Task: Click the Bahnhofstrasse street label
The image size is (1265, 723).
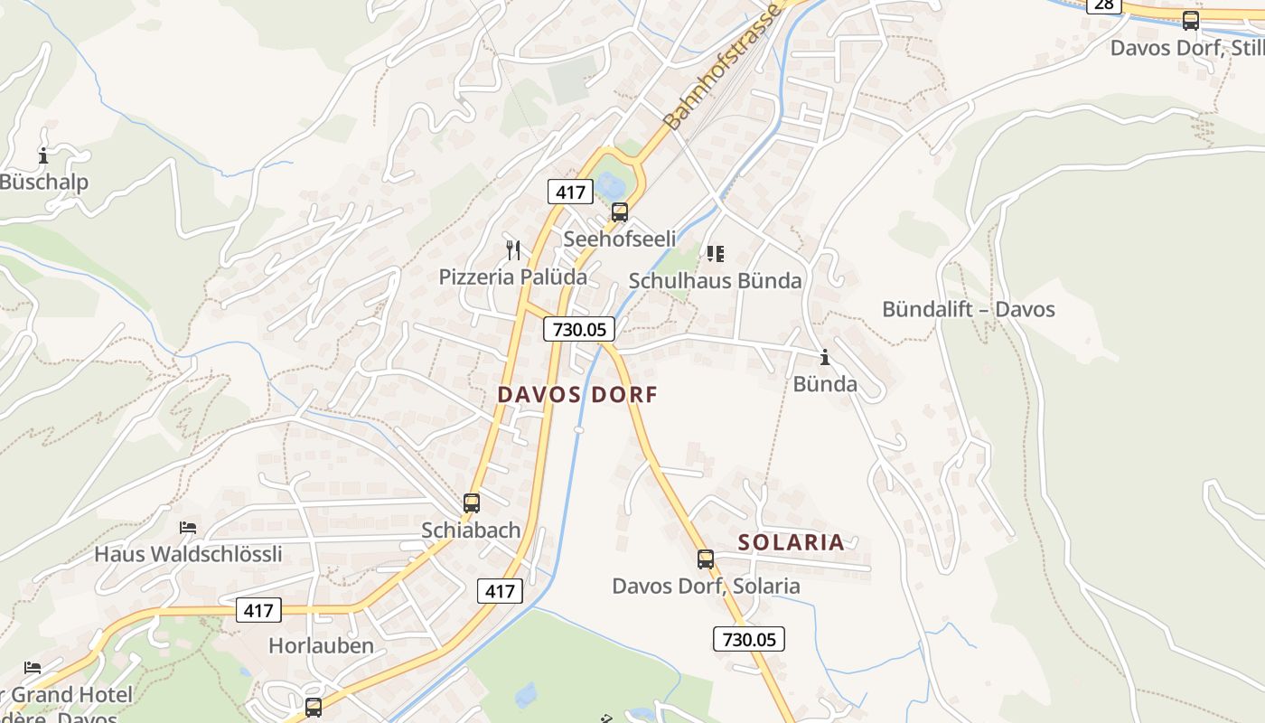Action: click(x=720, y=66)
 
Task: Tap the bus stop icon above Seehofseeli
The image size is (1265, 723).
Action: click(x=619, y=212)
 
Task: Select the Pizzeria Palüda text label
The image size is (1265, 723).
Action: click(x=512, y=277)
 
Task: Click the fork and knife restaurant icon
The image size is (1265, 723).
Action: click(x=513, y=249)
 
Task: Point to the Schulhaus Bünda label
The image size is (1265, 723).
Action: click(x=715, y=281)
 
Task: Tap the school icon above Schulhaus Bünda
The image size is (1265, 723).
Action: click(x=715, y=254)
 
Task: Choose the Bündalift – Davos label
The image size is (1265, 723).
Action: click(x=968, y=309)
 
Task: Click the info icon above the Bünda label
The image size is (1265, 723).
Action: click(x=824, y=357)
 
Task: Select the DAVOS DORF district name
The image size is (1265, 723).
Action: click(x=577, y=394)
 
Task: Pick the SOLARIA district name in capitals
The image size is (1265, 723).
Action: click(x=791, y=542)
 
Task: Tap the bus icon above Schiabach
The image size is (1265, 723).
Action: click(x=471, y=503)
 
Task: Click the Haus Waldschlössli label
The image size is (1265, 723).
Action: click(x=188, y=554)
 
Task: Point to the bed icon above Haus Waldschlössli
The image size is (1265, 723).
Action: click(x=188, y=528)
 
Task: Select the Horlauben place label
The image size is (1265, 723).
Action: click(x=321, y=645)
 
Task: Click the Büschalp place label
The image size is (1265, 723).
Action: click(x=43, y=183)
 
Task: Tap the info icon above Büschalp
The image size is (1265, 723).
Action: click(x=43, y=155)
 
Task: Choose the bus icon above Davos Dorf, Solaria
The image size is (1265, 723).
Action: click(x=705, y=559)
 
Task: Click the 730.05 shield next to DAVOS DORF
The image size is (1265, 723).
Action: click(x=579, y=329)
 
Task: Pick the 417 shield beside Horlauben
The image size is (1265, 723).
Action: click(x=258, y=610)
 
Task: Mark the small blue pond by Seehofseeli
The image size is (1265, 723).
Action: click(x=610, y=185)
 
